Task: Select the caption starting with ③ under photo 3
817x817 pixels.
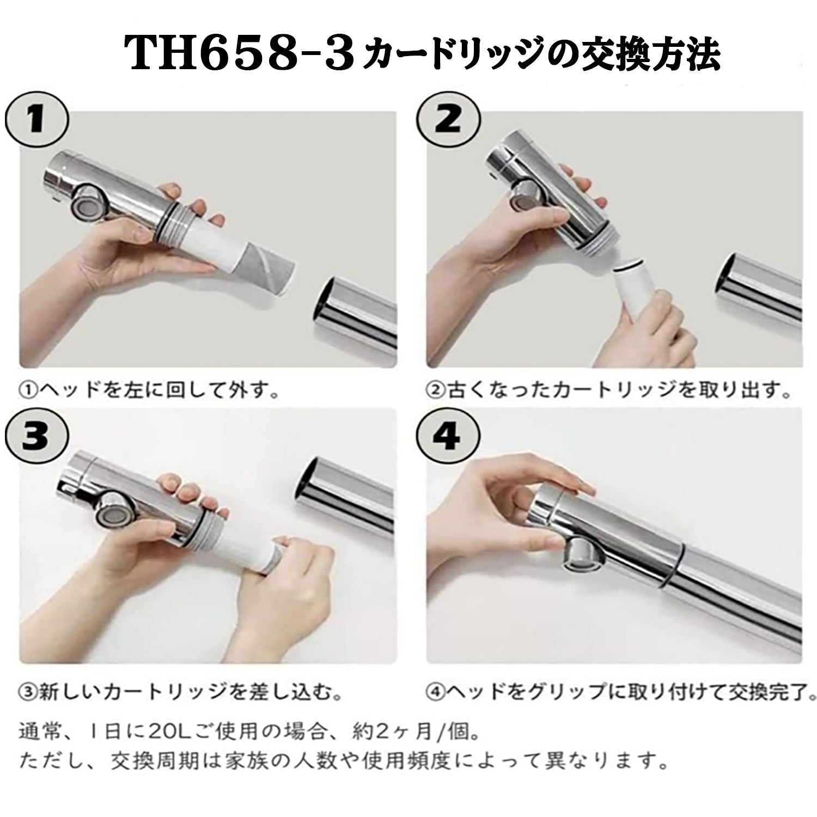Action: pyautogui.click(x=180, y=692)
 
